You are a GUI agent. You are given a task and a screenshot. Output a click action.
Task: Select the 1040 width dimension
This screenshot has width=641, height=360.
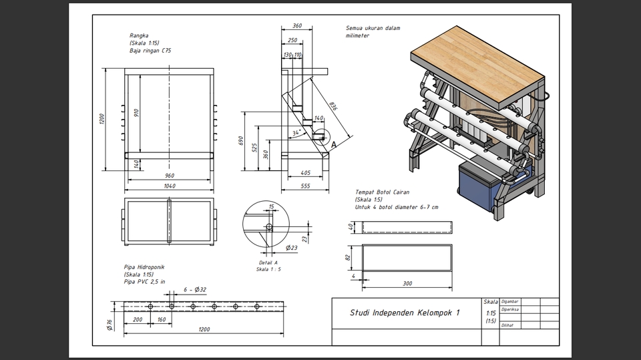[170, 186]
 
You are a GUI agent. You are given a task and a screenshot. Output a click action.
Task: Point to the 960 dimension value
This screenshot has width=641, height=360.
[170, 176]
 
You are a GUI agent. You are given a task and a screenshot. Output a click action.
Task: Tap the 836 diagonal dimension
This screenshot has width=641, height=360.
[333, 107]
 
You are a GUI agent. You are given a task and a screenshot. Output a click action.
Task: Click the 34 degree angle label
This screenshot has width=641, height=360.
[296, 133]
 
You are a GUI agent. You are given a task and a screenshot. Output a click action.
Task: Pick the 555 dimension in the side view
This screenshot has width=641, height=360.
[304, 186]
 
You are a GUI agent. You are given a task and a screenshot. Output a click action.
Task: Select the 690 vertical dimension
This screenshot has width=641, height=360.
[241, 141]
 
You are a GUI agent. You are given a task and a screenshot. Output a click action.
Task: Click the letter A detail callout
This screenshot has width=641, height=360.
[333, 144]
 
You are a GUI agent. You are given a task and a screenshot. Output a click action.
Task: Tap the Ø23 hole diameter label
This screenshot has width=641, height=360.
[291, 248]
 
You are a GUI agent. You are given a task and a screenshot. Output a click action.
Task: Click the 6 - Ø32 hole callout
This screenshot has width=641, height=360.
[194, 291]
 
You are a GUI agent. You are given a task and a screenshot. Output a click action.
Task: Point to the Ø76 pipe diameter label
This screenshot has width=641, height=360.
[110, 324]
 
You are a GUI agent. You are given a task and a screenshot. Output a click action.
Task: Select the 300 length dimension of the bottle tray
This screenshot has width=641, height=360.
[407, 283]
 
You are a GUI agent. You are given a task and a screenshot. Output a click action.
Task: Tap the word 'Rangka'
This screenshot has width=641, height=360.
[140, 35]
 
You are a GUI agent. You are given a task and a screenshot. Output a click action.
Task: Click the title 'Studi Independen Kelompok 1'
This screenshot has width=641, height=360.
[405, 313]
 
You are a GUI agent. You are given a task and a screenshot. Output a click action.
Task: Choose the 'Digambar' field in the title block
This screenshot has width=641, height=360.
[510, 301]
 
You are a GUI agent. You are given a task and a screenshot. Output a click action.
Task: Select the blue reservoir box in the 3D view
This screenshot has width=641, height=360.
[479, 185]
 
